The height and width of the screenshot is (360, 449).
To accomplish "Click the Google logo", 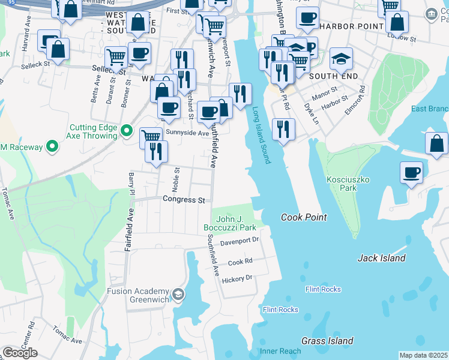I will coord(20,353).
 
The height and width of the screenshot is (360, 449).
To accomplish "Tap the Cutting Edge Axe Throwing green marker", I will coord(127,130).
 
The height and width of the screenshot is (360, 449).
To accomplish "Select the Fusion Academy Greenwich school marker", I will coord(178,294).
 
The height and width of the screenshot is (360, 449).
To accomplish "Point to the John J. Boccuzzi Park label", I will coord(236,224).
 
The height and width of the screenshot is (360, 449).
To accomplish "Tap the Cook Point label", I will coord(304,217).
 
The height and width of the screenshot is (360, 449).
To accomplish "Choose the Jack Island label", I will coord(381,258).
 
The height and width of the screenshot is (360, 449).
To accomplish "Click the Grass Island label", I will coord(327,341).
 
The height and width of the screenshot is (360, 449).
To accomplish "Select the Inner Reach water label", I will coord(280,350).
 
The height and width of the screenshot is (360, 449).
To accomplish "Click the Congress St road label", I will coord(184,199).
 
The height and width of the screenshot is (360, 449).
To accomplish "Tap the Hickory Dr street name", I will coord(237,278).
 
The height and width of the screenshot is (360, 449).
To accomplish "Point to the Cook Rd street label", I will coord(240,262).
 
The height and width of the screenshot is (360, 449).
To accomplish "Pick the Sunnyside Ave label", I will coord(187,132).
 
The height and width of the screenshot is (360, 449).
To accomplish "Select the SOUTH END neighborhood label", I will coord(333,76).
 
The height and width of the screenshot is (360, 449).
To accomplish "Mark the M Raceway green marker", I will coord(52,146).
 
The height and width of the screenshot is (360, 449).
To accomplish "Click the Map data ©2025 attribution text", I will coord(423,355).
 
